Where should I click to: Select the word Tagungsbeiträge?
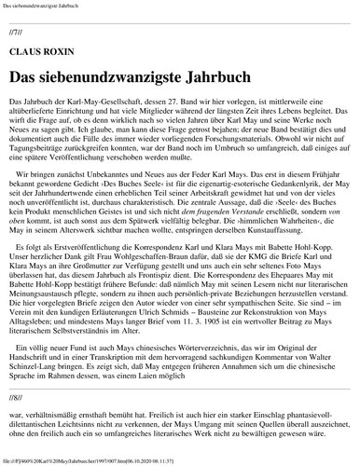37,164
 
